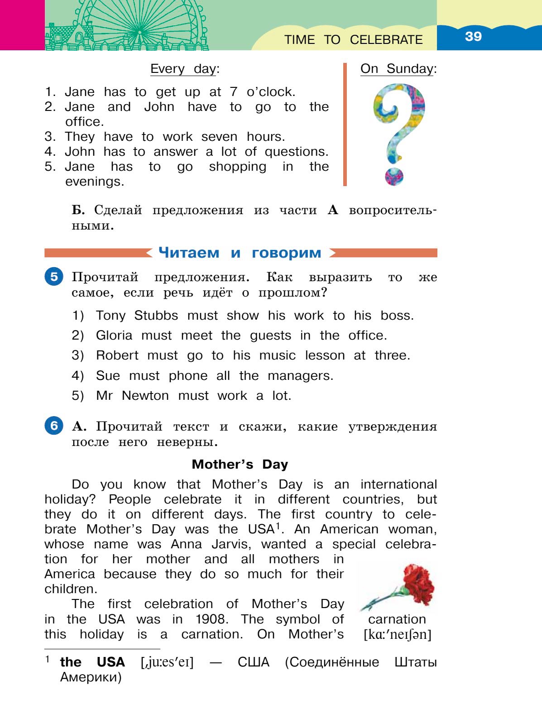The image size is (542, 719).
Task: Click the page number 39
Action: coord(473,36)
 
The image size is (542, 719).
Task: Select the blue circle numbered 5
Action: coord(54,277)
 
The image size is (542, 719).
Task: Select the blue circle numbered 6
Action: coord(54,426)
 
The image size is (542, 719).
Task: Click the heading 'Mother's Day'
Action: coord(240,464)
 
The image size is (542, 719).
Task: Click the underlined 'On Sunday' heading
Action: coord(397,69)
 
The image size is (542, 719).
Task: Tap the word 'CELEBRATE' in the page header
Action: coord(386,40)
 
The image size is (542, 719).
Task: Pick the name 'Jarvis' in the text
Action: coord(231,544)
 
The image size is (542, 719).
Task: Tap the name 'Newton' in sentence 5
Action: coord(145,395)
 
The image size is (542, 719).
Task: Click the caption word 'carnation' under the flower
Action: coord(397,619)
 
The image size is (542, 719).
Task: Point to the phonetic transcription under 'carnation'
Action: coord(397,634)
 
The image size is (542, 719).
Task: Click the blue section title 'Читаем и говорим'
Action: coord(240,253)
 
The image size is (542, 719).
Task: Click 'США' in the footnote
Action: coord(253,662)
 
